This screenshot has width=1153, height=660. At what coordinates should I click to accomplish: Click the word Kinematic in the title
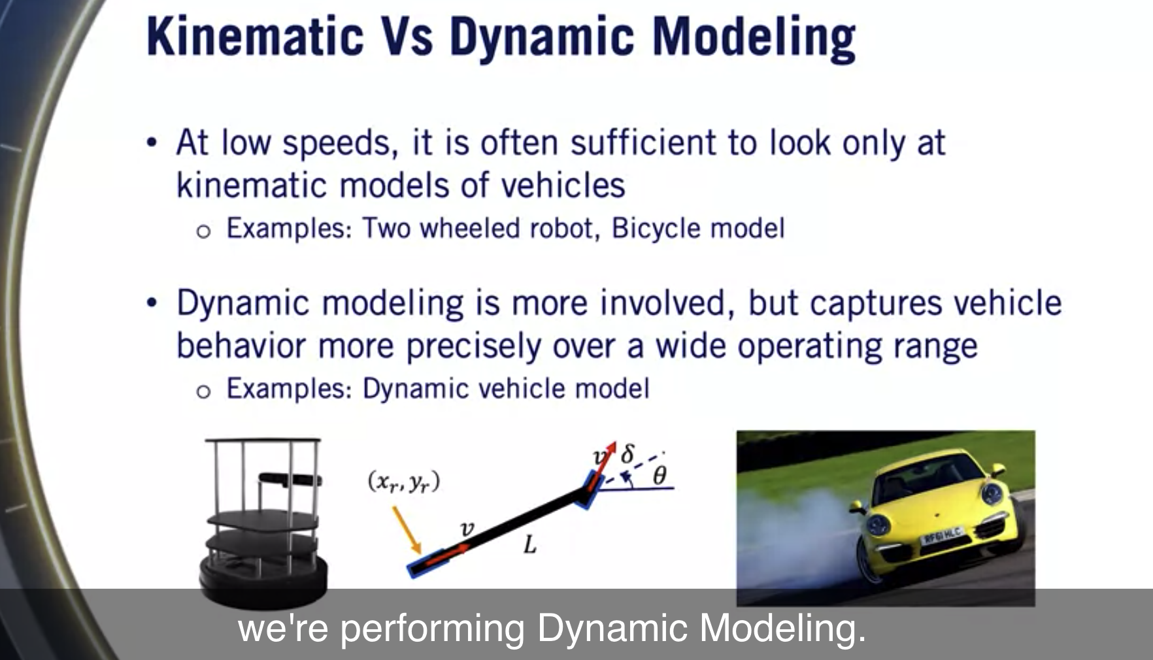(255, 36)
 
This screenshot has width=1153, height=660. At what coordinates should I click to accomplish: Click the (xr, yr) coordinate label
(404, 482)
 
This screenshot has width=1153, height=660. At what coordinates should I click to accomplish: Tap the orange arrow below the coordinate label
(407, 529)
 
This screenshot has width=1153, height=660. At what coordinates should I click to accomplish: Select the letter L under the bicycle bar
(530, 545)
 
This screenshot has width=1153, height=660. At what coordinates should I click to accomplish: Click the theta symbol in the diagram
(660, 475)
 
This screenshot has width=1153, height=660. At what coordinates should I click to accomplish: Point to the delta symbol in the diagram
(627, 453)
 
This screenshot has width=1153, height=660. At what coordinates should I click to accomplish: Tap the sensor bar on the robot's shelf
(290, 480)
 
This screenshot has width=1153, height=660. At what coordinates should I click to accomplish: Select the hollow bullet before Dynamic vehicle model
(203, 391)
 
